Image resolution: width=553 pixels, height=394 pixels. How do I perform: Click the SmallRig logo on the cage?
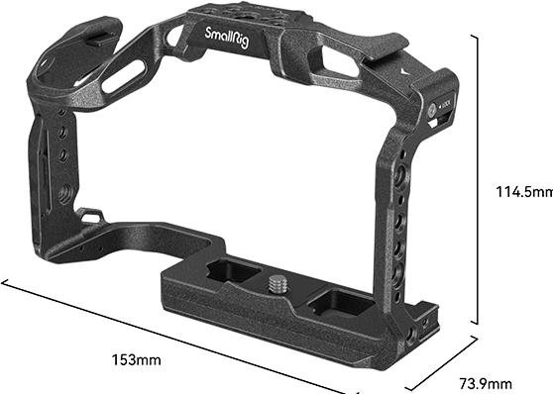coord(227,38)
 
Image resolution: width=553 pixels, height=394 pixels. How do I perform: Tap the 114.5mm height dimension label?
coord(524,192)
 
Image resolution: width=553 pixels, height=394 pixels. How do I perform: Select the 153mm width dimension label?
coord(136,359)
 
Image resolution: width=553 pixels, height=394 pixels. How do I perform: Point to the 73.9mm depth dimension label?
coord(486,383)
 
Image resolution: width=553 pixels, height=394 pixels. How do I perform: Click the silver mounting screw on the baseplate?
coord(278,284)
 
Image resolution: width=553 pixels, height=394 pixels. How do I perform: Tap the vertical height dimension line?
coord(477,179)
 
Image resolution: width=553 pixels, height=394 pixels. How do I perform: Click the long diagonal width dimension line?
coord(173,337)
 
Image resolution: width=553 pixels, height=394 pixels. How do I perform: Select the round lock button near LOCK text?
coord(432,110)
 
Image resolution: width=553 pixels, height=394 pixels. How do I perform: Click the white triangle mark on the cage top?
coord(406,72)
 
